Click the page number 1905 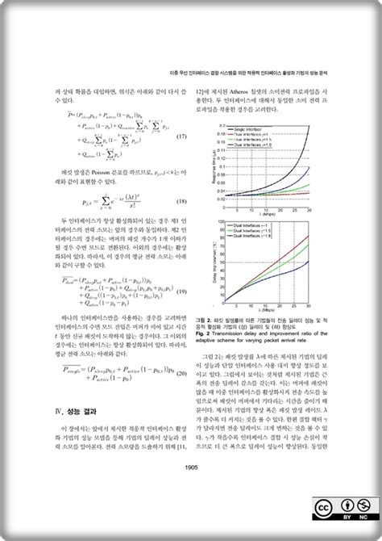click(192, 465)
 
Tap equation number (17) click(182, 138)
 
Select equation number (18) click(182, 202)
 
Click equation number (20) click(182, 372)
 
